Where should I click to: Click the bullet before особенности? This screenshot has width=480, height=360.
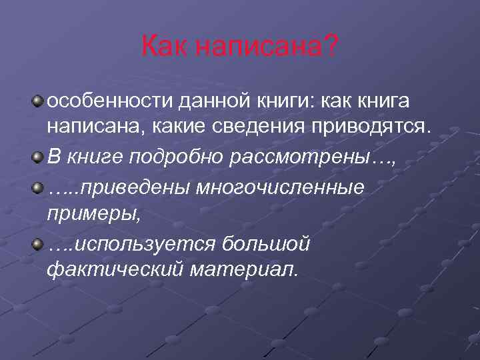pyautogui.click(x=40, y=101)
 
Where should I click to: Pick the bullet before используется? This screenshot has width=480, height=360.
pyautogui.click(x=40, y=244)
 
